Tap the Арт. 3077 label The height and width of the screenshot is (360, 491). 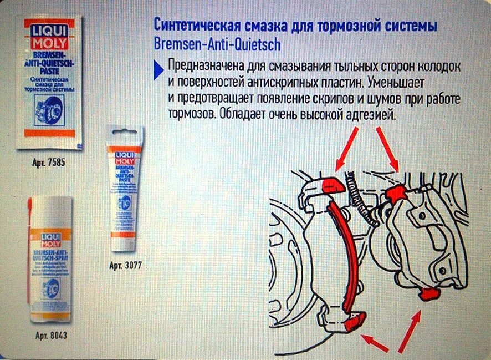point(125,265)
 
